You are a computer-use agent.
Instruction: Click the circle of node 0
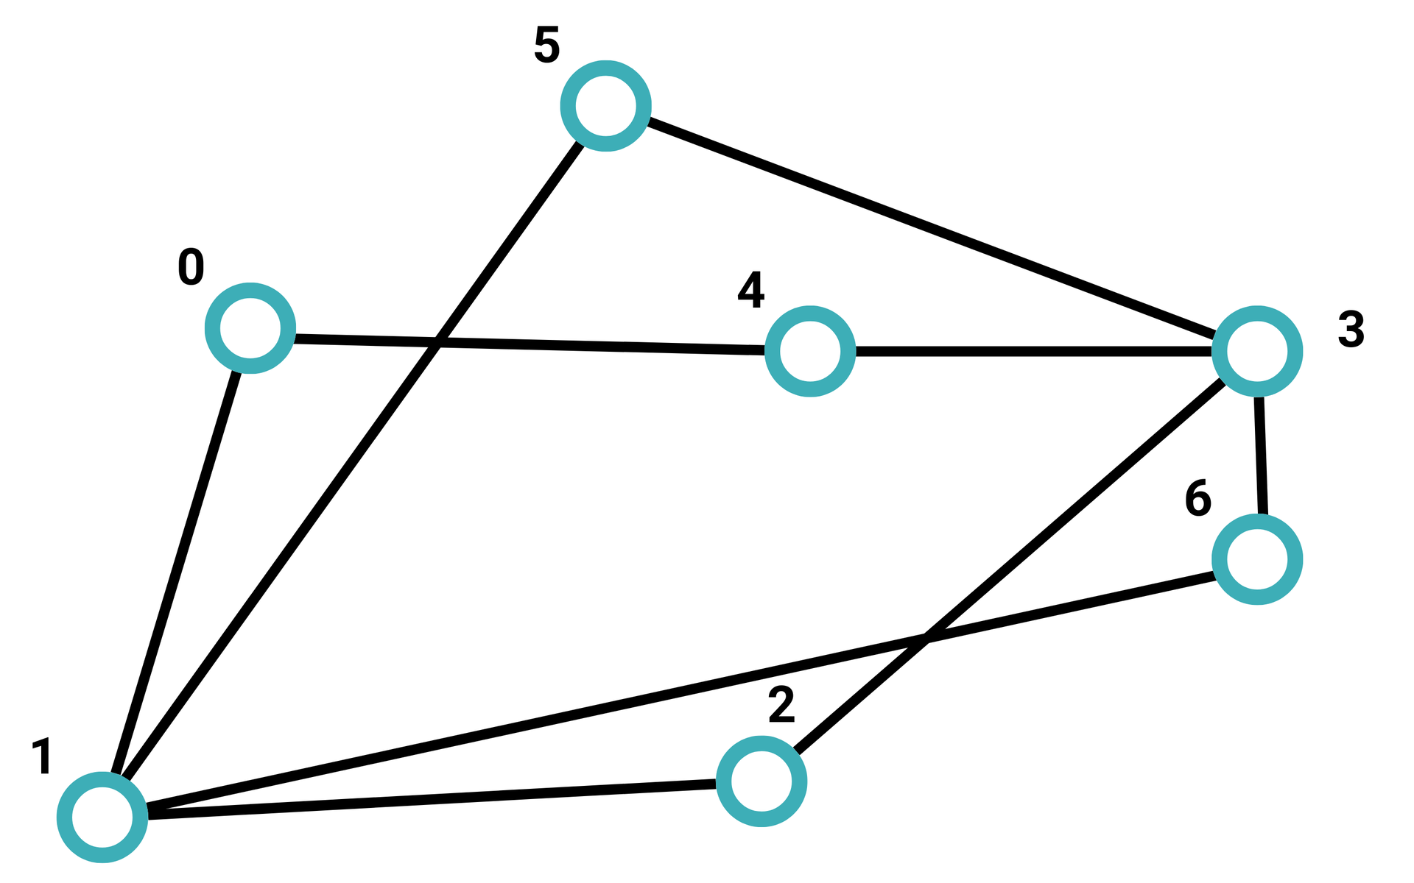pyautogui.click(x=250, y=328)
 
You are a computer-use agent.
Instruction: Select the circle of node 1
pyautogui.click(x=102, y=817)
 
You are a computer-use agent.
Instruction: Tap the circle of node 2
pyautogui.click(x=761, y=781)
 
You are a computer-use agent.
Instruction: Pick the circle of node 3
pyautogui.click(x=1257, y=351)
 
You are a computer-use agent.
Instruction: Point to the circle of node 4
pyautogui.click(x=810, y=351)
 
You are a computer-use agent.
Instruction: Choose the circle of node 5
pyautogui.click(x=605, y=106)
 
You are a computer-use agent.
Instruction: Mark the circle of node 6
pyautogui.click(x=1257, y=559)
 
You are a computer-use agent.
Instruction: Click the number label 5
pyautogui.click(x=546, y=46)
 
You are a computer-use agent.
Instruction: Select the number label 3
pyautogui.click(x=1351, y=330)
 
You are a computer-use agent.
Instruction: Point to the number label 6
pyautogui.click(x=1197, y=499)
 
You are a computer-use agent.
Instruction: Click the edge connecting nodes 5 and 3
pyautogui.click(x=932, y=228)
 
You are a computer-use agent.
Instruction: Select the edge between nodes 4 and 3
pyautogui.click(x=1034, y=352)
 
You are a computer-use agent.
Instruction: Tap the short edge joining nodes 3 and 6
pyautogui.click(x=1261, y=455)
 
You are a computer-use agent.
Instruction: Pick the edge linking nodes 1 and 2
pyautogui.click(x=432, y=799)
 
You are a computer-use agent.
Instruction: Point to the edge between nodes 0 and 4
pyautogui.click(x=530, y=344)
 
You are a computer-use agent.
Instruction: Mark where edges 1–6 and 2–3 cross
pyautogui.click(x=926, y=637)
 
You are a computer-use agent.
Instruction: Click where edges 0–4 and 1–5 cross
pyautogui.click(x=437, y=342)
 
